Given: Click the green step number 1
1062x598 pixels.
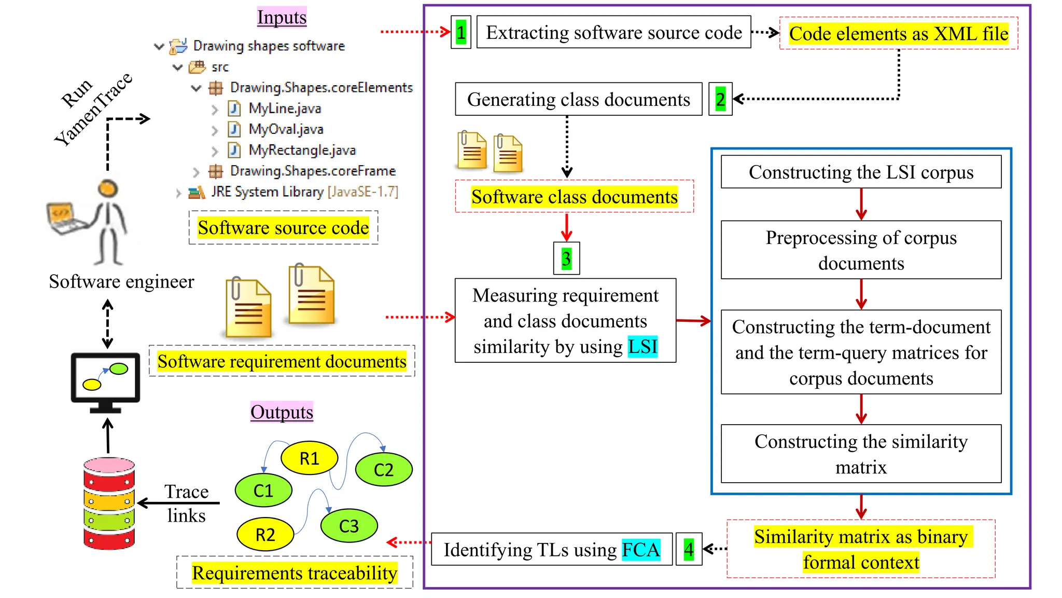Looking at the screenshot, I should (x=460, y=33).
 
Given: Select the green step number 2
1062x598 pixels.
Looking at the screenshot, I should (x=720, y=99).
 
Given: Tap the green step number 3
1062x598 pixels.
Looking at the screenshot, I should (x=566, y=259).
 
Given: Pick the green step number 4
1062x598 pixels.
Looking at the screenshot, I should (x=689, y=549).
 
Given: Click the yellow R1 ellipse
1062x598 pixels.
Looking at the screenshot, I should (x=309, y=458).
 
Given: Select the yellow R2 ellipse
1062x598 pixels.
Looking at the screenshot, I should (x=265, y=534).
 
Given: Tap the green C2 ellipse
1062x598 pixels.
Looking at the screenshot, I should (x=384, y=470).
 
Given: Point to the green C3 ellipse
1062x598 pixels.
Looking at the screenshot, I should (x=348, y=526).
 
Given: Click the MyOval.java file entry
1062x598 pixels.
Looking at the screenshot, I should (x=285, y=129).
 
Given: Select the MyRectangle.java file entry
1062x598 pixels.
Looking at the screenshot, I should (x=302, y=151).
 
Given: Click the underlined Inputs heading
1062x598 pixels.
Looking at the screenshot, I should (x=282, y=17).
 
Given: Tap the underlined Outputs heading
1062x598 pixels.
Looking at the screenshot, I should (x=282, y=412).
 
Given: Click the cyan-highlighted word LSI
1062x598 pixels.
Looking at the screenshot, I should (x=642, y=347).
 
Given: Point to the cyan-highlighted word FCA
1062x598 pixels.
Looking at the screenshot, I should (x=641, y=550).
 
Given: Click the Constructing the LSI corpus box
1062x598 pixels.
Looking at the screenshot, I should (x=861, y=172).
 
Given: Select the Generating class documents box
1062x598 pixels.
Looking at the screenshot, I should (x=578, y=99).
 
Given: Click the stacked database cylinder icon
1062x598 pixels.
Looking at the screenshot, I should (x=109, y=503).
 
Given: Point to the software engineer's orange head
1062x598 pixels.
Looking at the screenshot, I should (x=108, y=188).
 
